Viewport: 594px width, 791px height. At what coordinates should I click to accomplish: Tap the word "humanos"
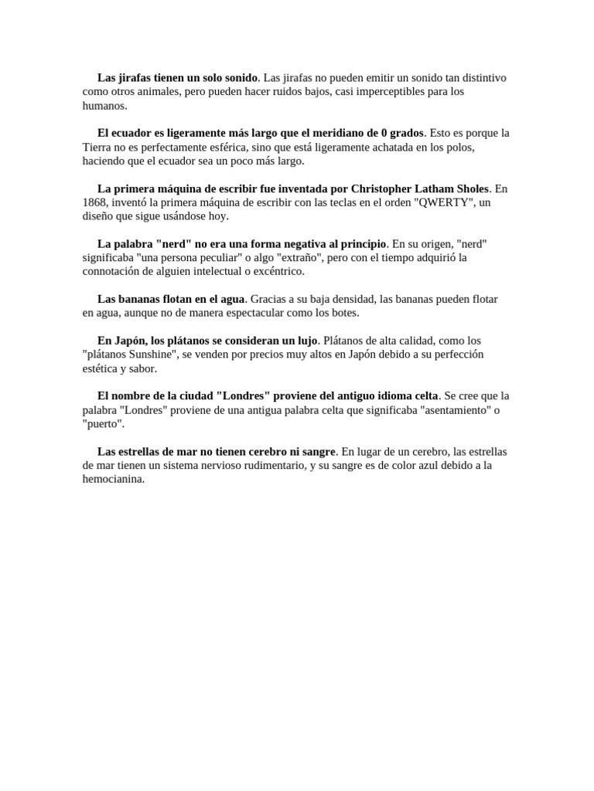pyautogui.click(x=104, y=105)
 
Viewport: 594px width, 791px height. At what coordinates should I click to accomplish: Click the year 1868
pyautogui.click(x=96, y=202)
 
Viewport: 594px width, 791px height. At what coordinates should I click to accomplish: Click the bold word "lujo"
pyautogui.click(x=306, y=341)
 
